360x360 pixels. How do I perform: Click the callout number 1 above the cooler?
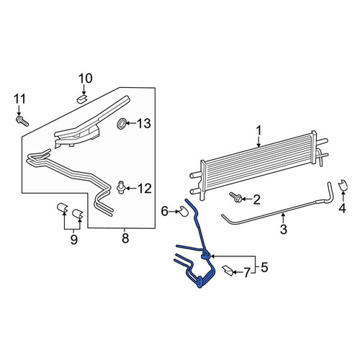tap(258, 131)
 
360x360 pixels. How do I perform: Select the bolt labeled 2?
tap(235, 197)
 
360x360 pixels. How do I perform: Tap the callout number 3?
tap(284, 229)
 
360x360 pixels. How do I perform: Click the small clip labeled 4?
tap(343, 185)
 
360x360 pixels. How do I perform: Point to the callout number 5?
tap(264, 267)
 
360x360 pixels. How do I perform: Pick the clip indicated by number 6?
tap(184, 211)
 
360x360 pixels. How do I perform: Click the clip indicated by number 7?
tap(228, 270)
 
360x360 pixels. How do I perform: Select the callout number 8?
tap(125, 238)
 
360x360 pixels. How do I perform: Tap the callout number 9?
tap(74, 239)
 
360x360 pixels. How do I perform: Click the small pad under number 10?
tap(82, 99)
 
